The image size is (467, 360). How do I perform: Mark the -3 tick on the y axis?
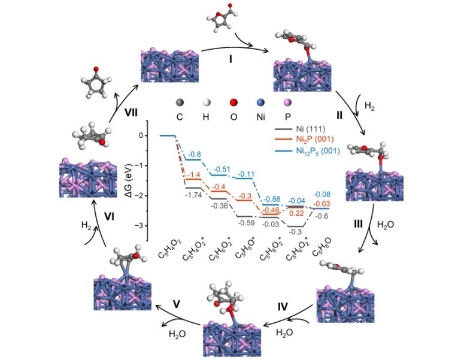pyautogui.click(x=142, y=226)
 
